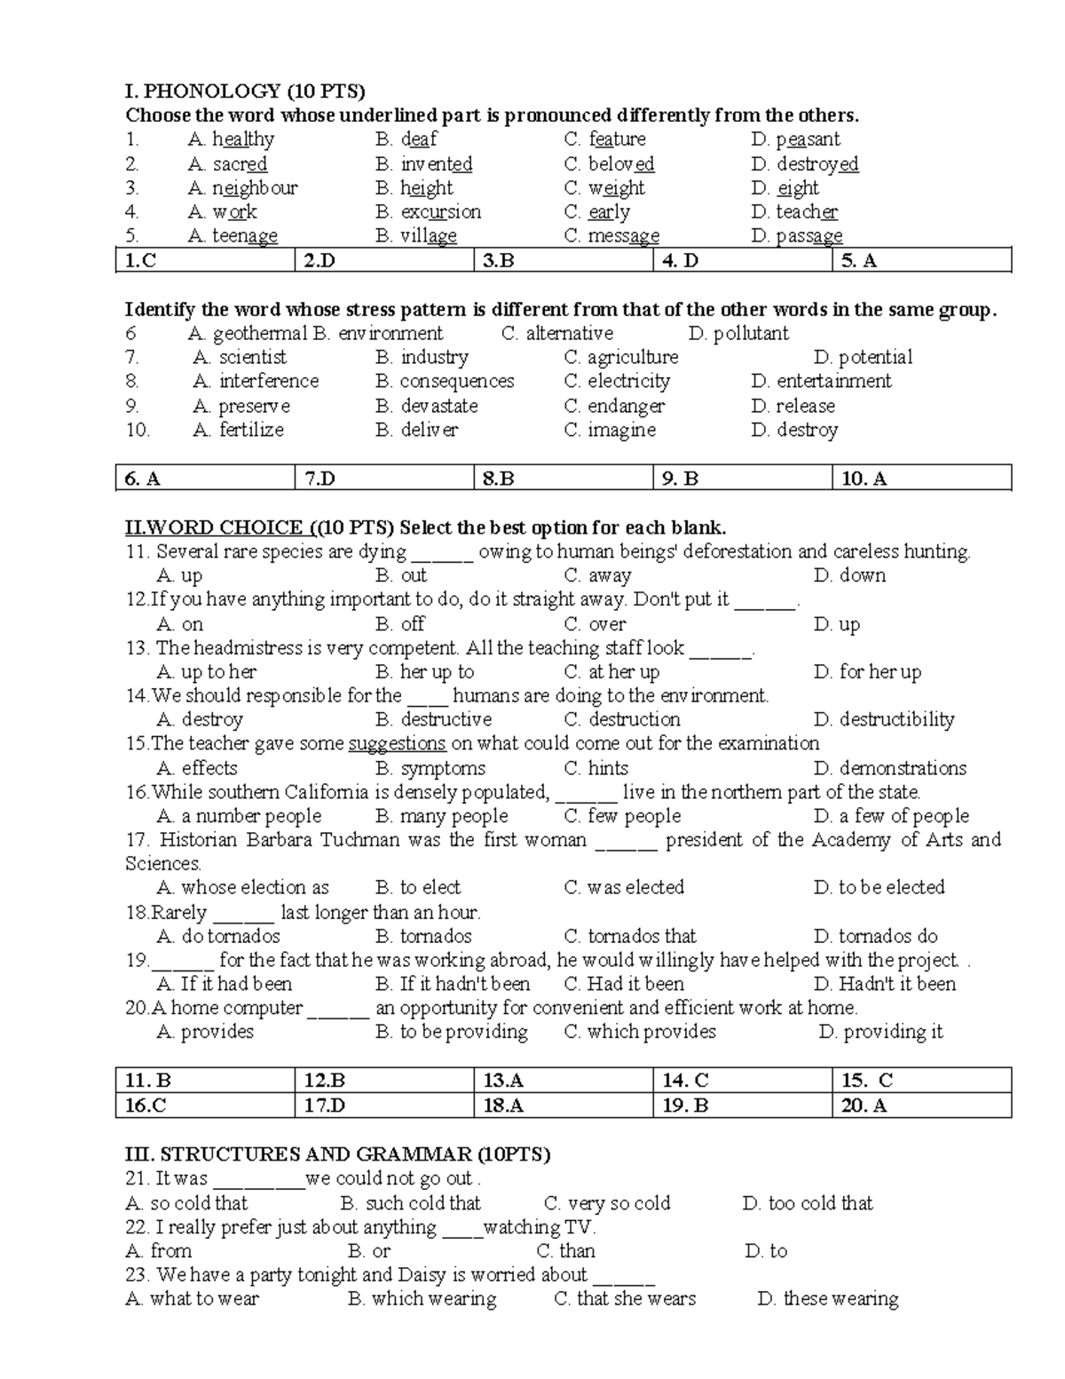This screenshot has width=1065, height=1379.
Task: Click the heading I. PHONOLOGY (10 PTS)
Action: tap(245, 91)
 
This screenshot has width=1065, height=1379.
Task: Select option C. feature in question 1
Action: tap(605, 139)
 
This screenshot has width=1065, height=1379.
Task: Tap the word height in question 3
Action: tap(426, 188)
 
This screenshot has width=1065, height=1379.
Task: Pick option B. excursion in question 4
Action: tap(429, 212)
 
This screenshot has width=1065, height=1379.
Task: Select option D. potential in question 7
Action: tap(863, 358)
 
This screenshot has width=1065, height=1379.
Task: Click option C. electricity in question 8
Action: tap(617, 382)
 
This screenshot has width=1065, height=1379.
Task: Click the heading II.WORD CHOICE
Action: tap(214, 527)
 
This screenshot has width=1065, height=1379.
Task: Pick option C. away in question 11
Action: tap(597, 575)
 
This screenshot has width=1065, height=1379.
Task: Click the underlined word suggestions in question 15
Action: tap(397, 744)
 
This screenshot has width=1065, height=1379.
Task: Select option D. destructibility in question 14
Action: tap(884, 720)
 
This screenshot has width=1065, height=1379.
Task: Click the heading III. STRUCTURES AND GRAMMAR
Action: tap(337, 1154)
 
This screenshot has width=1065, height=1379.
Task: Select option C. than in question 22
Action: tap(565, 1251)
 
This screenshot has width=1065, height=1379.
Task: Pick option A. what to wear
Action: tap(193, 1299)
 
